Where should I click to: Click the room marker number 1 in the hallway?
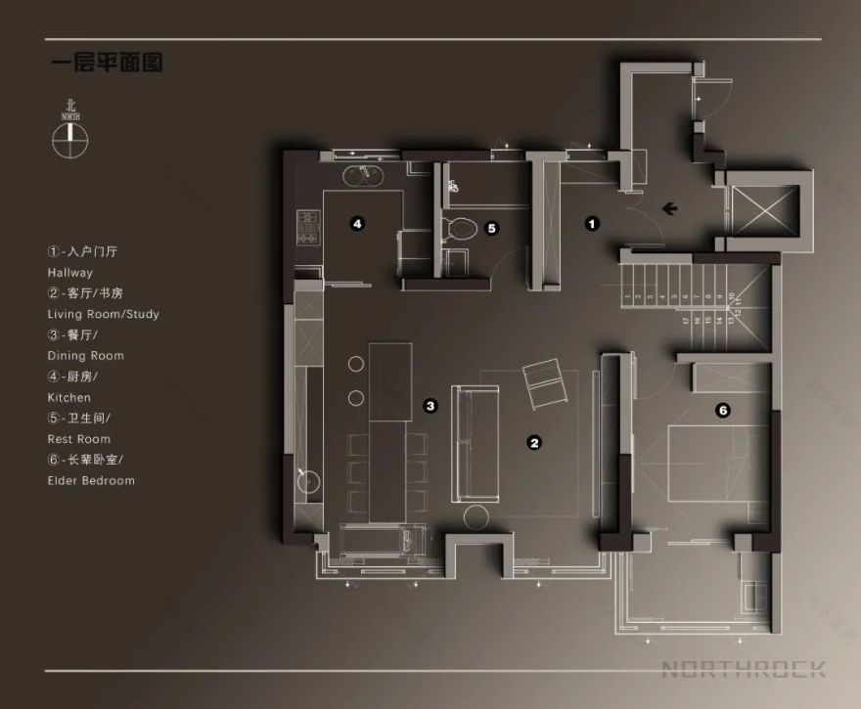(x=591, y=223)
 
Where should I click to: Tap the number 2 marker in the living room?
(x=534, y=442)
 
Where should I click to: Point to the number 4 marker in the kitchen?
(x=358, y=224)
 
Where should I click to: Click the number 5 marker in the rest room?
(x=492, y=228)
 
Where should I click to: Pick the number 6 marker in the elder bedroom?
(x=722, y=411)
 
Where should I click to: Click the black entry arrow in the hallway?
(x=671, y=207)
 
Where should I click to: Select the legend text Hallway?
(x=69, y=273)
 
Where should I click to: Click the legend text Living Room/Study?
(x=103, y=314)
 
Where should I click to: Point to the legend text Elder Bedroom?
(x=91, y=480)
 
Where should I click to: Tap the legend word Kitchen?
(x=68, y=398)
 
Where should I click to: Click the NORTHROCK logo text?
(x=744, y=669)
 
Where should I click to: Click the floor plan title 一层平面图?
(x=107, y=65)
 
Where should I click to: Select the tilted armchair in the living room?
(x=546, y=383)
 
